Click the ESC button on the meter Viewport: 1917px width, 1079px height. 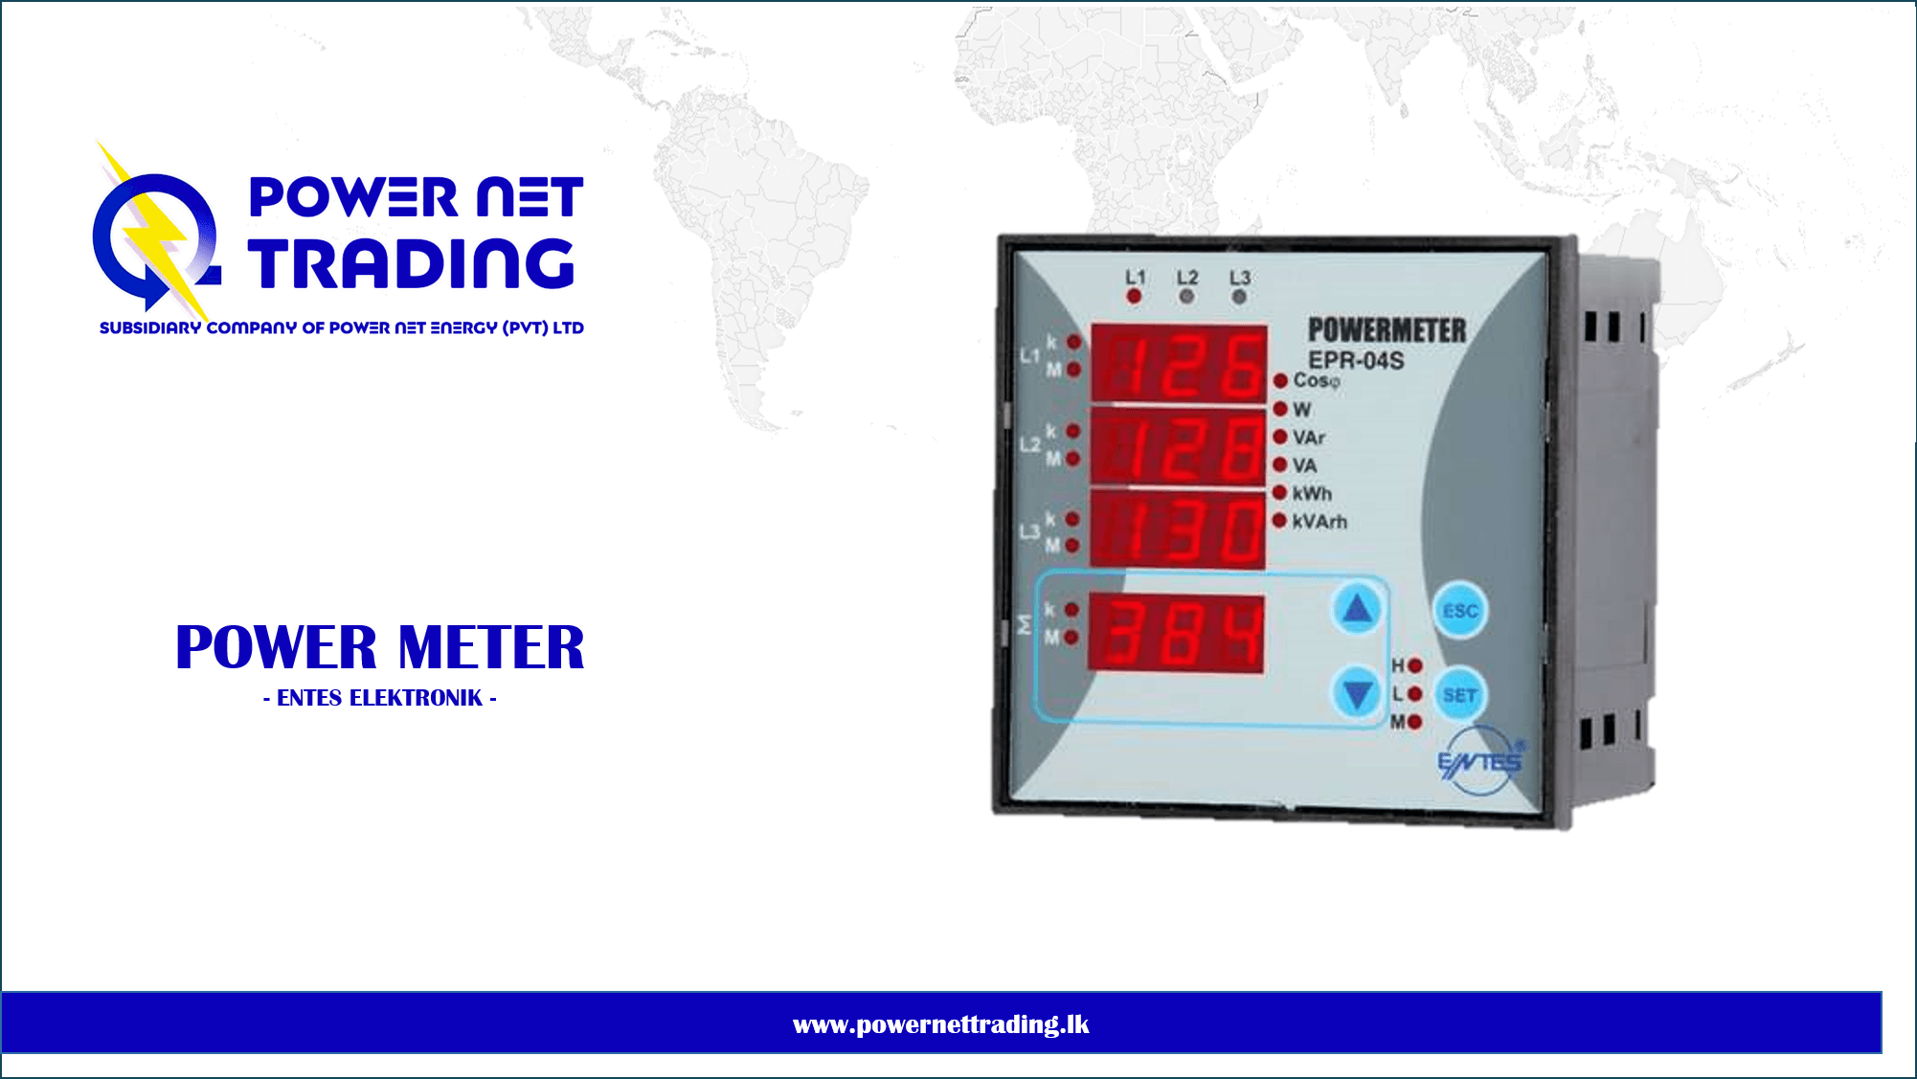click(x=1459, y=610)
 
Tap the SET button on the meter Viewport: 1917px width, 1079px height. click(x=1459, y=695)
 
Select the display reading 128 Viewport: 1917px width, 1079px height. click(x=1179, y=446)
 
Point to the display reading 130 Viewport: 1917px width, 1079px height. click(x=1178, y=529)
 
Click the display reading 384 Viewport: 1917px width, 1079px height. click(x=1176, y=633)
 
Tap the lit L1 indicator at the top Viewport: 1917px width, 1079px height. click(x=1134, y=297)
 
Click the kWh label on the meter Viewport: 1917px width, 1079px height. click(x=1312, y=493)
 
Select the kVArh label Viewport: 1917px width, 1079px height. click(x=1319, y=522)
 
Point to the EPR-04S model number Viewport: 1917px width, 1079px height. click(x=1356, y=360)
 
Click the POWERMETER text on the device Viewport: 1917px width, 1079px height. click(x=1387, y=330)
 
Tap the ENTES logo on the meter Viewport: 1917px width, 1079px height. click(x=1480, y=761)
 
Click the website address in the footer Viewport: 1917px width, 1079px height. click(x=941, y=1024)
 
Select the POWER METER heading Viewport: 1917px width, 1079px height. click(x=380, y=647)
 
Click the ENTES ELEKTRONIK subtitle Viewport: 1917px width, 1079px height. click(x=380, y=698)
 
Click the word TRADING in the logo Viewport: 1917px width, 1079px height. click(x=412, y=263)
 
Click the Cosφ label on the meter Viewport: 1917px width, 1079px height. click(x=1317, y=381)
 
